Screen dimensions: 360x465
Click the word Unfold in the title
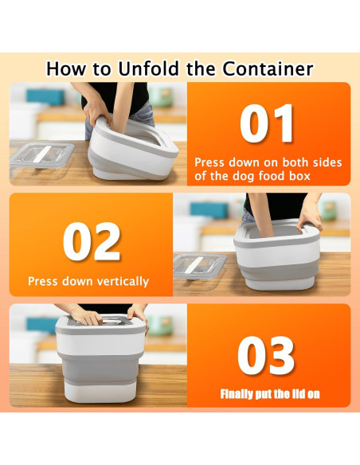point(149,68)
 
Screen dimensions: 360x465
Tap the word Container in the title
point(268,68)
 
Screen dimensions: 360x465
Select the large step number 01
point(267,123)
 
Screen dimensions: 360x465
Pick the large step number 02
point(92,241)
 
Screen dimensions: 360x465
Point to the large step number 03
point(266,355)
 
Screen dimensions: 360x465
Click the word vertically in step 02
point(123,281)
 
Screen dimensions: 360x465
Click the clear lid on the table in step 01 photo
point(41,156)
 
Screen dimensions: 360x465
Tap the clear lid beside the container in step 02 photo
point(200,266)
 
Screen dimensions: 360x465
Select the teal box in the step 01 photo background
point(45,97)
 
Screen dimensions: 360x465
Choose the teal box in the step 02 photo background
point(209,210)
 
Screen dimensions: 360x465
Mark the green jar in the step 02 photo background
point(328,211)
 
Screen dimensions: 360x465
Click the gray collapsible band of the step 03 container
point(99,368)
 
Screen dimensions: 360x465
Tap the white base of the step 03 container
point(100,392)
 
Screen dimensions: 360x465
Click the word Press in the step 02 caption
point(42,281)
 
